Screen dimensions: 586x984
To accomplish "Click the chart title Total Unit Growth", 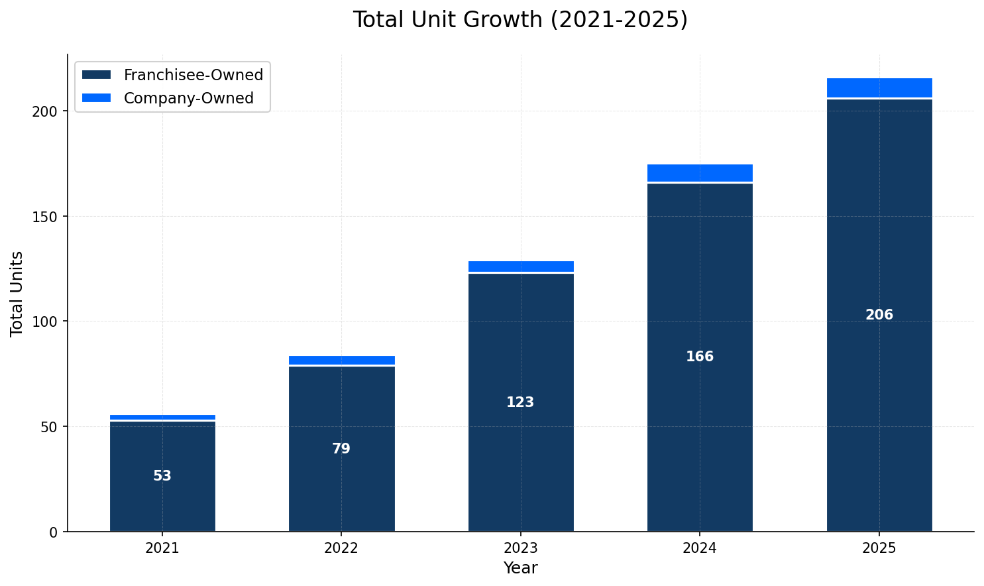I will point(520,20).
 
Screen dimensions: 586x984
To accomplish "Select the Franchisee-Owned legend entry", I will point(193,76).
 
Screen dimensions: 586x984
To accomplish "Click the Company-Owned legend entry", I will point(188,99).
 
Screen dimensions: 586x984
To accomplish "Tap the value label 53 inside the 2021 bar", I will point(162,476).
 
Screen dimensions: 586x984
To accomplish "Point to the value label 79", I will point(341,449).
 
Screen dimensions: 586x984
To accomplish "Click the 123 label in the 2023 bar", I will point(520,402).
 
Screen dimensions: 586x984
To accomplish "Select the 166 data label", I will point(700,357).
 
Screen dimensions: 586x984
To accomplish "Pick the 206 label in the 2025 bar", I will point(879,315).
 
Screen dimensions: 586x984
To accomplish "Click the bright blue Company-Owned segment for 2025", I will point(879,88).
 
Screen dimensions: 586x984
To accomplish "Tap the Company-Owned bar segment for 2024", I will point(700,172).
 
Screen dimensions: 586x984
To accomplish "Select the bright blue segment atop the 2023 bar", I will point(520,266).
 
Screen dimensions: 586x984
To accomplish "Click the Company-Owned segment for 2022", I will point(341,360).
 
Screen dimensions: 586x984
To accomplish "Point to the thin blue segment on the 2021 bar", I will point(162,417).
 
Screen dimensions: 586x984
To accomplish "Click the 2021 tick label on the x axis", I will point(162,548).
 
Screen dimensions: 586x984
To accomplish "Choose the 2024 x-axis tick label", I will point(700,548).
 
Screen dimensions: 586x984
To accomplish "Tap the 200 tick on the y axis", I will point(45,111).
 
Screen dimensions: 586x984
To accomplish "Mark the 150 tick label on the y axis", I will point(45,217).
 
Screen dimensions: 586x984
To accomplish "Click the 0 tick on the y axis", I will point(53,532).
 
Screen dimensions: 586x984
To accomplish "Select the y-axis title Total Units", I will point(17,293).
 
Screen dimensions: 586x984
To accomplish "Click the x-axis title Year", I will point(520,568).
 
